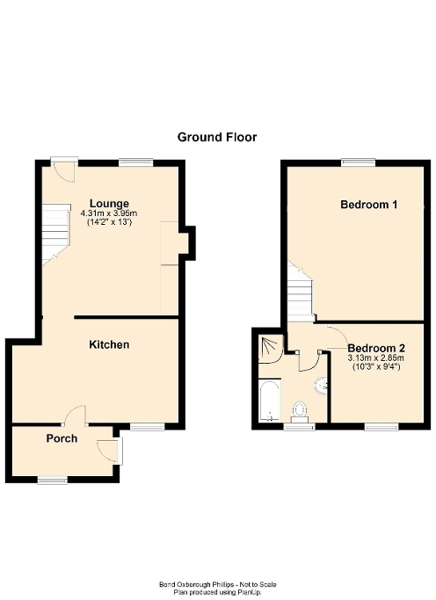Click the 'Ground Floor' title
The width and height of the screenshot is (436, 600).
pos(217,136)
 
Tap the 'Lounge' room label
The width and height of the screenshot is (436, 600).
pos(109,203)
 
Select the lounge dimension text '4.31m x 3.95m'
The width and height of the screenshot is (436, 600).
pos(109,213)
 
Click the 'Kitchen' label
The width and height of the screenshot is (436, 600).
pos(109,344)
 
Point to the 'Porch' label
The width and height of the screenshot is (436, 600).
pos(62,437)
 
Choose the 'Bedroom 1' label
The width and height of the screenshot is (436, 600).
pos(369,205)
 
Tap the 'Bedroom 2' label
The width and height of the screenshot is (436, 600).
pos(368,347)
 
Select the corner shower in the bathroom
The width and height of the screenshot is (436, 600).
pos(270,348)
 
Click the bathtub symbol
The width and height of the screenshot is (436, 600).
pos(268,400)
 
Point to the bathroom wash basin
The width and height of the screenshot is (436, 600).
pos(322,384)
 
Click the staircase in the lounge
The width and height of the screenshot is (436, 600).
pos(54,230)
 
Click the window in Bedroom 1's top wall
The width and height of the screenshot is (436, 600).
pos(358,161)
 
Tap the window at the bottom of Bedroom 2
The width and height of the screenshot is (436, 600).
pos(381,426)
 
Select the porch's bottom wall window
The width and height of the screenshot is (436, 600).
pos(52,479)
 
